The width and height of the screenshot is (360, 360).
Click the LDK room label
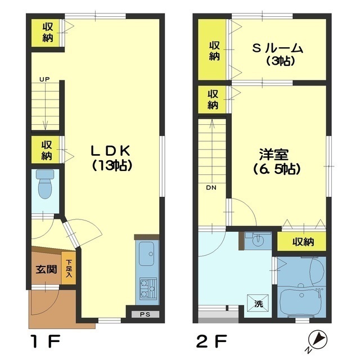111,158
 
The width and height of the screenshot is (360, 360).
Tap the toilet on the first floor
45,184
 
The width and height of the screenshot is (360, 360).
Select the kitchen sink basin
146,254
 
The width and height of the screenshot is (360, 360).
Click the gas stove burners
148,288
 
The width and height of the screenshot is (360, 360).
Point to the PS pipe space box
145,314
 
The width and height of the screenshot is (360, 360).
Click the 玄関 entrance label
46,269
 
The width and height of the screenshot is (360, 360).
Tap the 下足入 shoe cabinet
69,268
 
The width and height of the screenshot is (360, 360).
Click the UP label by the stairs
44,79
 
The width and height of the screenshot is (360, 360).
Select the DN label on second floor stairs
211,187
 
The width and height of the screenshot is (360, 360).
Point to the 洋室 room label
277,161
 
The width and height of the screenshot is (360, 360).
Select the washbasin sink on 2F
258,240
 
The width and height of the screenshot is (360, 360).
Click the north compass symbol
317,340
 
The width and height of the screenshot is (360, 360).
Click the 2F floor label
211,341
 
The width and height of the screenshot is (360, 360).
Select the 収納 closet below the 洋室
301,241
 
